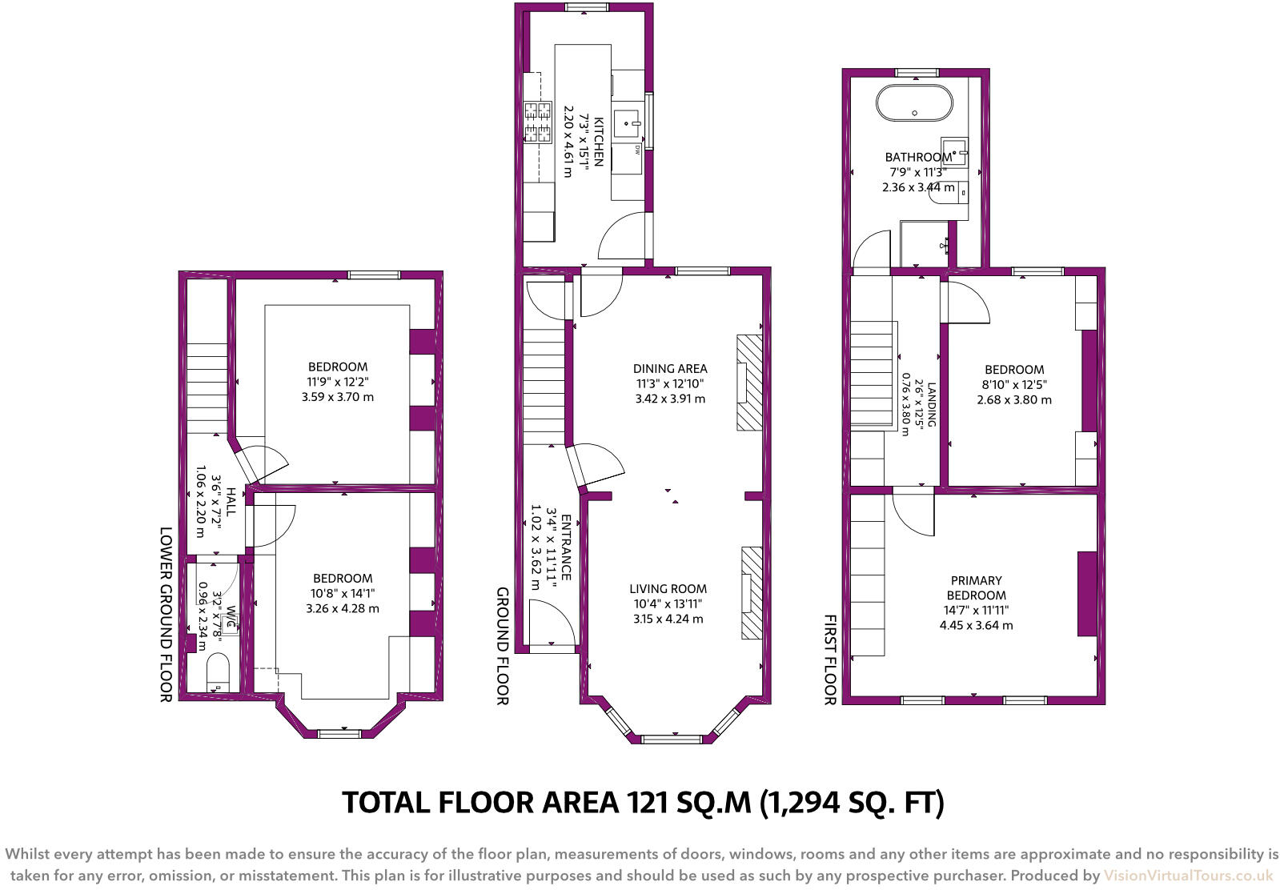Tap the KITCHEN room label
596,141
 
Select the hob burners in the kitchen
538,122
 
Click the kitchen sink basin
628,124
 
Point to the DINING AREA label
670,369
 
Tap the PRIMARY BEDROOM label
976,588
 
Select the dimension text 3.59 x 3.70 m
338,397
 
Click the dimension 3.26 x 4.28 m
343,608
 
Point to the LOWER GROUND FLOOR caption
166,614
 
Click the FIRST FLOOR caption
829,659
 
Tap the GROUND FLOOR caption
502,646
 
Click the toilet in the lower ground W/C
217,671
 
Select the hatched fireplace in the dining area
748,383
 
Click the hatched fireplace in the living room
751,593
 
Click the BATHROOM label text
917,158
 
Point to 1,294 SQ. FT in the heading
852,802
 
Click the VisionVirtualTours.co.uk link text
1188,876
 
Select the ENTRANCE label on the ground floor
565,547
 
